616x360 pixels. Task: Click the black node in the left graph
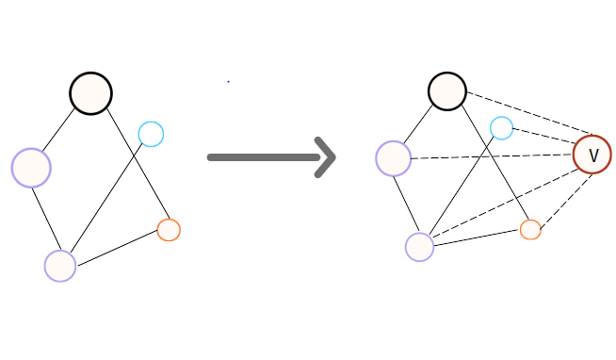[x=90, y=93]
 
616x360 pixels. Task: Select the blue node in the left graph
[x=151, y=134]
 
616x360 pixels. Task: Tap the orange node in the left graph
[x=169, y=229]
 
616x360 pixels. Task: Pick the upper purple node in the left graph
[x=31, y=168]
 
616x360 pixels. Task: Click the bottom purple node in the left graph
[x=60, y=266]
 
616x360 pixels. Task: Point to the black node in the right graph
[x=447, y=91]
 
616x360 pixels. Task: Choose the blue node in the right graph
[x=501, y=127]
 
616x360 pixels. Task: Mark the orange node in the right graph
[x=530, y=229]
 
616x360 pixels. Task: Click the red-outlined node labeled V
[x=592, y=154]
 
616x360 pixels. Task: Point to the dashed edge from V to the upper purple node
[x=492, y=156]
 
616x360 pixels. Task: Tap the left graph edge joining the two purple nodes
[x=45, y=217]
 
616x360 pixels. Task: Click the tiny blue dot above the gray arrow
[x=228, y=81]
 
